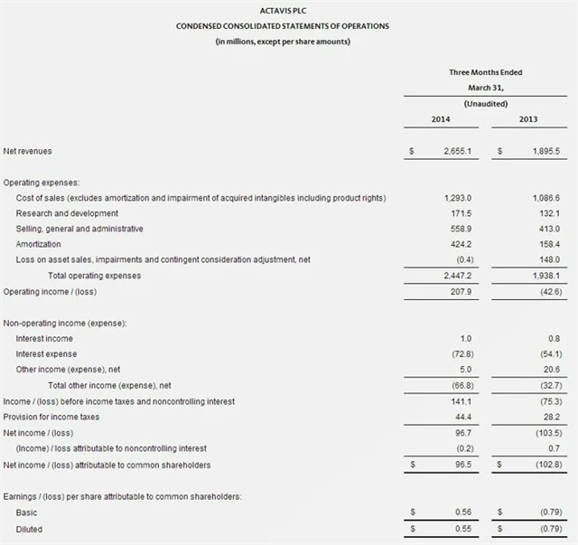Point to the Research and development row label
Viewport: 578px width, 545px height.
tap(67, 212)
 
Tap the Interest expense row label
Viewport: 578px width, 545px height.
tap(46, 353)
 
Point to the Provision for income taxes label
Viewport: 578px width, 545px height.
tap(53, 417)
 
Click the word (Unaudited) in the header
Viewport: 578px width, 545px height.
tap(485, 104)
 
